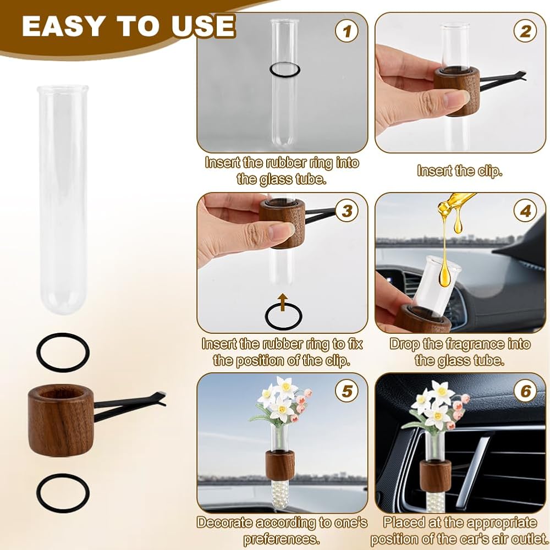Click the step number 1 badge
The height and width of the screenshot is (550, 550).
pos(346,31)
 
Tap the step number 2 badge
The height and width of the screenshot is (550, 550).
pos(525,31)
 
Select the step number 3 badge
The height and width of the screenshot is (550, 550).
pos(346,211)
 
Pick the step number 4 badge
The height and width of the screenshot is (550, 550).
pos(525,211)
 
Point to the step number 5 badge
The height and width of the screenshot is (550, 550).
pos(346,391)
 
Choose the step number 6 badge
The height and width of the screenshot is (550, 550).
pos(525,391)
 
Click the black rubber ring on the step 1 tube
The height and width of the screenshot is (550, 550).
pos(269,69)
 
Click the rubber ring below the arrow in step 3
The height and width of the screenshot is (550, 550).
pos(266,316)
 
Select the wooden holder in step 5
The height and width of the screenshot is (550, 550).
pos(279,465)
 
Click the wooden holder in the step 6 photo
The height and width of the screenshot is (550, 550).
pos(435,475)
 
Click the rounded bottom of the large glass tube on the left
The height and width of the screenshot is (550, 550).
pos(63,309)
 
